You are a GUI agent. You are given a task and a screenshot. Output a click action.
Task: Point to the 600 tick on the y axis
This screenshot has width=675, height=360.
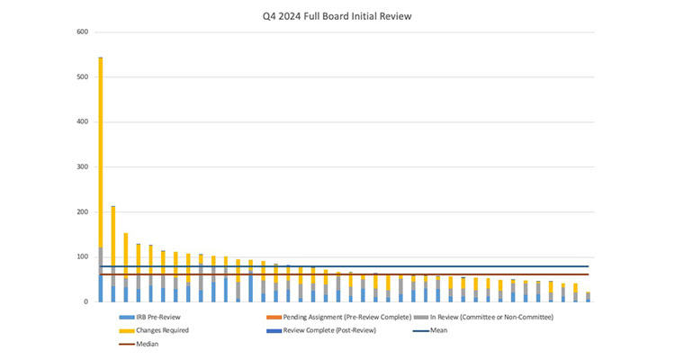(x=82, y=32)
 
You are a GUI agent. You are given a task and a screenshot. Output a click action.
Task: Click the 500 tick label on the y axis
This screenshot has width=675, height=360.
(x=82, y=77)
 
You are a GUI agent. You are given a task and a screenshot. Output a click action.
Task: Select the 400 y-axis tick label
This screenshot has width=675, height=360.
(x=82, y=122)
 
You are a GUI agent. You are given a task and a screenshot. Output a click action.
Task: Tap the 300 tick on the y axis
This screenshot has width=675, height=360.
(x=82, y=167)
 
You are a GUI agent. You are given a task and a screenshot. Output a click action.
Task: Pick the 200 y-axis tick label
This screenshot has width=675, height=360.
(x=82, y=212)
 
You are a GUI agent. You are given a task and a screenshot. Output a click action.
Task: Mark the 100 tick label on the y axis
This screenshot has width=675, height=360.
(x=82, y=257)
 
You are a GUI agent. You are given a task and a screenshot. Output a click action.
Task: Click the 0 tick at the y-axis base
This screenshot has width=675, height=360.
(x=85, y=302)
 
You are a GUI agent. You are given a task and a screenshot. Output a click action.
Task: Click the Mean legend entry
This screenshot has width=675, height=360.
(x=438, y=330)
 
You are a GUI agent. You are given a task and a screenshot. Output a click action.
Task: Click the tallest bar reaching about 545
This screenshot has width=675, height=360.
(x=101, y=180)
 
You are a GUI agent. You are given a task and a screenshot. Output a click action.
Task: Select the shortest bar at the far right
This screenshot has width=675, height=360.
(x=588, y=297)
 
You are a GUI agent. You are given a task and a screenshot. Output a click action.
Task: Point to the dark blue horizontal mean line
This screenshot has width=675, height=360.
(x=360, y=266)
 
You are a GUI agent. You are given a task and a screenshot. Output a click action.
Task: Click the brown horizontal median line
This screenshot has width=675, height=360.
(x=360, y=274)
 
